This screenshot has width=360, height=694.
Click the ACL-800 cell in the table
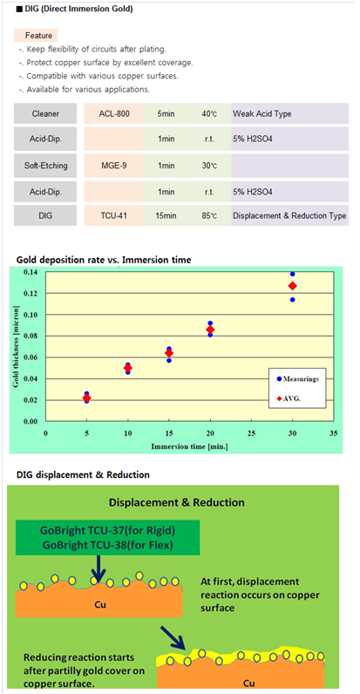(113, 113)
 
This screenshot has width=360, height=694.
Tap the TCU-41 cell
(113, 215)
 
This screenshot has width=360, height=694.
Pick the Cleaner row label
(45, 113)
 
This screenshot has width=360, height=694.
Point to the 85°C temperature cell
(207, 215)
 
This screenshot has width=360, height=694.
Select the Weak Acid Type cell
(289, 113)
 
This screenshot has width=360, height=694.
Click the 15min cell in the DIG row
(165, 215)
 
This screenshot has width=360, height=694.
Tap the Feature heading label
(39, 36)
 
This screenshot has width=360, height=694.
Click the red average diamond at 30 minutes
(292, 286)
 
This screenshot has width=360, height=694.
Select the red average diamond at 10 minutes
(128, 368)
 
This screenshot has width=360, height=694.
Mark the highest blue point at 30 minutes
(292, 274)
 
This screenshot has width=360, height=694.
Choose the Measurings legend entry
(293, 379)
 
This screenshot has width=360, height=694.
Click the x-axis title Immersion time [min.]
(189, 446)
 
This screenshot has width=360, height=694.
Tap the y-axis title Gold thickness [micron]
(16, 346)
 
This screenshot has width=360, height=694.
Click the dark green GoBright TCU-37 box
(107, 537)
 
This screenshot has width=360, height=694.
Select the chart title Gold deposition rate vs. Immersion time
(104, 260)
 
